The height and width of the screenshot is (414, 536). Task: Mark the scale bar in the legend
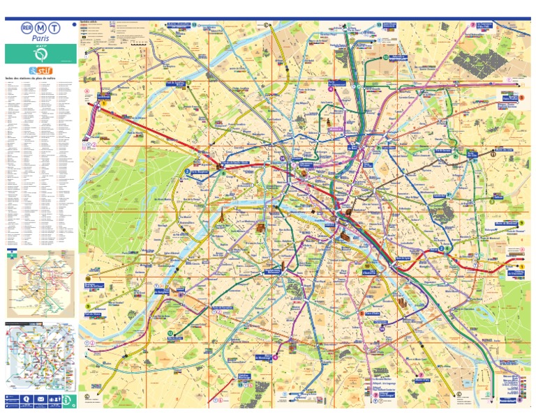(x=140, y=43)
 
